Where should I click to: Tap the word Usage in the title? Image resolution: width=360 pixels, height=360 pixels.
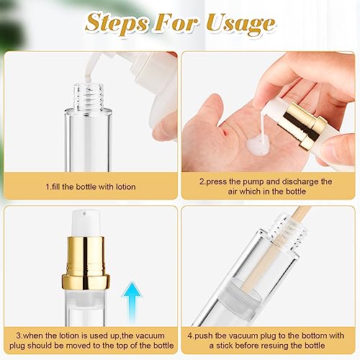pyautogui.click(x=238, y=22)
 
